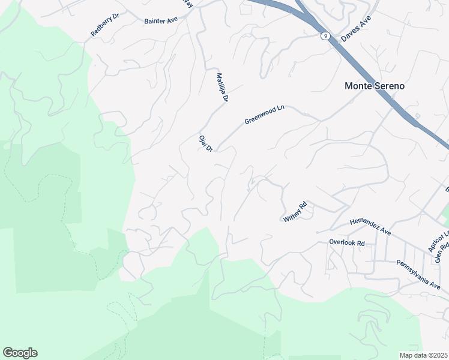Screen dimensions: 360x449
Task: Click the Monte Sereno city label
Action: [374, 86]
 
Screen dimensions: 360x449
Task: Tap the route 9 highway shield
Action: [324, 36]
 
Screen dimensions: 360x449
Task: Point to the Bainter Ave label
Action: [161, 20]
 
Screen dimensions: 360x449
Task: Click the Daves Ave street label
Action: [356, 29]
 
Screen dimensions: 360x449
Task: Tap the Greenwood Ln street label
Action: [264, 115]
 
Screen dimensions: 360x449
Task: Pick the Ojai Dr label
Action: [206, 143]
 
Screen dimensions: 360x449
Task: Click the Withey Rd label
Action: [295, 212]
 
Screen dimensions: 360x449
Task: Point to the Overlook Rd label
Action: [347, 243]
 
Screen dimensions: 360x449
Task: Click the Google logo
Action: [20, 353]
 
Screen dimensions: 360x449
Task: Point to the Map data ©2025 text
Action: [423, 355]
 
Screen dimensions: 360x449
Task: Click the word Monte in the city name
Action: [358, 86]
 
